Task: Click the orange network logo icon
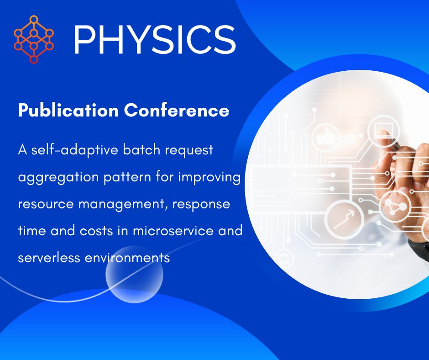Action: click(x=34, y=40)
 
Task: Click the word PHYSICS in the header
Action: click(x=154, y=40)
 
